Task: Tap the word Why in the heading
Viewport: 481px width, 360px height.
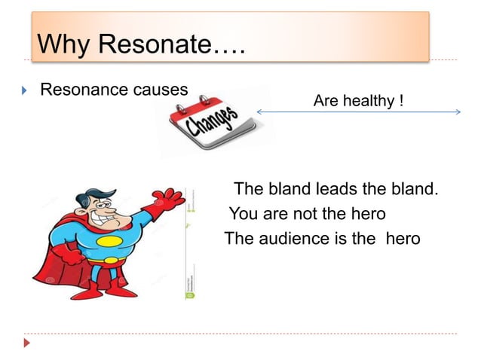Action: pos(63,45)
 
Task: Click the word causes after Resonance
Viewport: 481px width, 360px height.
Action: pos(160,90)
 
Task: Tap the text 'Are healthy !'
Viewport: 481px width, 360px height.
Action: pos(358,100)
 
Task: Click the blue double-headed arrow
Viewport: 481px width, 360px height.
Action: pos(358,112)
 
